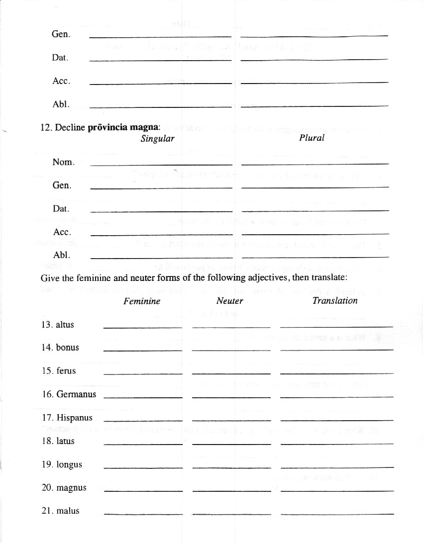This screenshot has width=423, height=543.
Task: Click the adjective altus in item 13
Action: coord(65,325)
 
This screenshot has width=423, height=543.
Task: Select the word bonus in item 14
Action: coord(67,348)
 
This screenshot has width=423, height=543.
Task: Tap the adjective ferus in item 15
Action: coord(66,371)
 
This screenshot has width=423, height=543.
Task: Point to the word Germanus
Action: coord(76,394)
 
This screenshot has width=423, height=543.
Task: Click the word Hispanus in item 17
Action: coord(74,418)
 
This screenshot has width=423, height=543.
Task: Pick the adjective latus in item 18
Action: coord(65,441)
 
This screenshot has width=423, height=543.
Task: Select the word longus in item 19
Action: coord(69,464)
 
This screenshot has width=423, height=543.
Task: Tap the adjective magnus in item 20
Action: coord(71,488)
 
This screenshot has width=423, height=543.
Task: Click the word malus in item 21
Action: coord(68,511)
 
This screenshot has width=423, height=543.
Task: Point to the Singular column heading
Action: coord(157,139)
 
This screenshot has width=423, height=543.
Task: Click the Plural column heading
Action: coord(312,138)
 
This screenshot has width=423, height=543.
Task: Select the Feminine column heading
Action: coord(142,301)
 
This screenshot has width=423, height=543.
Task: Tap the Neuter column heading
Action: coord(229,301)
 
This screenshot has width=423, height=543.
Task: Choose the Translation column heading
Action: coord(334,300)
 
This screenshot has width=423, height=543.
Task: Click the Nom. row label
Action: coord(63,162)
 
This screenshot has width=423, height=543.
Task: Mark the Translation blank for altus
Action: coord(336,325)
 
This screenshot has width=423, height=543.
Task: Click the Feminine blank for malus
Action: coord(143,512)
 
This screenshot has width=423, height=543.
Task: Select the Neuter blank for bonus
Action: coord(231,349)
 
